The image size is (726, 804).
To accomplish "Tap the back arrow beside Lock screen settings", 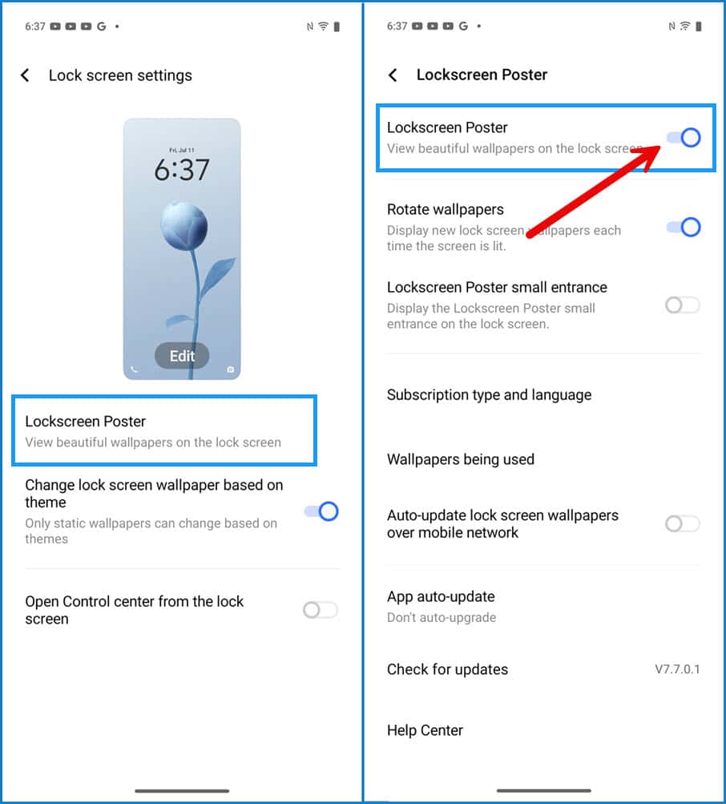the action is pos(25,75).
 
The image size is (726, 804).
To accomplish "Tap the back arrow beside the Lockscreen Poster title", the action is pos(393,75).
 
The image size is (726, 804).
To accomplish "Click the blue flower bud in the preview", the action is pos(184,225).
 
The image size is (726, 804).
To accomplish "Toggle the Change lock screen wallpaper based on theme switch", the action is pos(321,511).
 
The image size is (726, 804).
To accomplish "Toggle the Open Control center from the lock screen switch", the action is pos(321,610).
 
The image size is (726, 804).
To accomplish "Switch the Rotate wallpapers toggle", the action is pos(684,227).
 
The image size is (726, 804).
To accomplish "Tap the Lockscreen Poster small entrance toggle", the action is pos(683,305).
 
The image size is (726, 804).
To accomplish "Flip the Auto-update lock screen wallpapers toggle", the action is pos(683,523).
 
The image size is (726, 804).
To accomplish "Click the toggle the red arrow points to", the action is pos(684,137).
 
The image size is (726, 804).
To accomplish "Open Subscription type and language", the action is pos(489,395).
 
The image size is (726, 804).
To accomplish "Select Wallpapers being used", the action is pos(461,459).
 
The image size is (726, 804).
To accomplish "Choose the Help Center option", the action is pos(425,730).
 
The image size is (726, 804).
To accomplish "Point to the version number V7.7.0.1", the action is pos(677,669).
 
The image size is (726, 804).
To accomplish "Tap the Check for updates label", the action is pos(448,669).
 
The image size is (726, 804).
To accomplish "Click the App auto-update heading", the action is pos(441,596).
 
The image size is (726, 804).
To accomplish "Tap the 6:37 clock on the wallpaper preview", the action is pos(182,170).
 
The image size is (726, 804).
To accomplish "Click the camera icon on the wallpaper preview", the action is pos(230,370).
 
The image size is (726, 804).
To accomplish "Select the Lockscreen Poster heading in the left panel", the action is pos(86,422).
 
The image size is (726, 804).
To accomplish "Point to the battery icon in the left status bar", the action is pos(337,26).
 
